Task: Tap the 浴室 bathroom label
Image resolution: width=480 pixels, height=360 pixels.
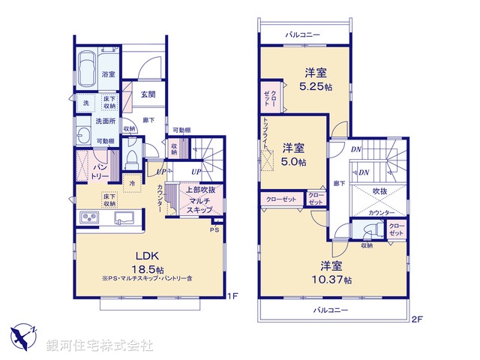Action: (x=109, y=74)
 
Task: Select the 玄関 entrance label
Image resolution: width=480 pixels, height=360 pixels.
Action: (x=148, y=94)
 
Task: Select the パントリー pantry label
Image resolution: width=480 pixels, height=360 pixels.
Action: (x=101, y=170)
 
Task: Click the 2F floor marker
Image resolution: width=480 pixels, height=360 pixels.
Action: (x=418, y=319)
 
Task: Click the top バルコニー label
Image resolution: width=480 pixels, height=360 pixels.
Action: (x=304, y=34)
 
